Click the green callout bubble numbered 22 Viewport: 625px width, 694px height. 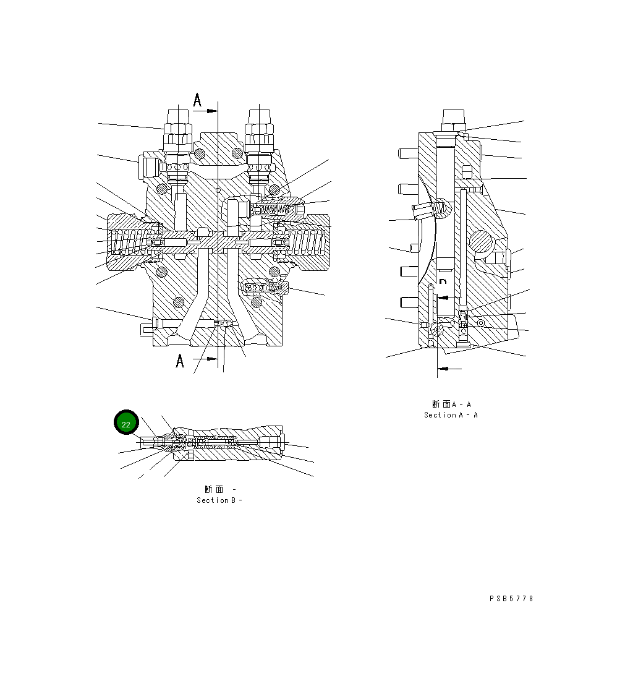[126, 424]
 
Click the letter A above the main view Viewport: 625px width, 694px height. [197, 100]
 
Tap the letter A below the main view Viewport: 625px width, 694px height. [180, 361]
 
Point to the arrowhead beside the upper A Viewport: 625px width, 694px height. [212, 111]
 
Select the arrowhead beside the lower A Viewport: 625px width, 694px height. [212, 358]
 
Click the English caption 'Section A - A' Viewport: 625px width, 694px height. [451, 415]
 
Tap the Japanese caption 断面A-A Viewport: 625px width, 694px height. [451, 405]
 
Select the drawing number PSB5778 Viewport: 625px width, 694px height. [511, 599]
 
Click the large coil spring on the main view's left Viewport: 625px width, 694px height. [130, 242]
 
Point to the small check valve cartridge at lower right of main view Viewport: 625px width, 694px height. [266, 287]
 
